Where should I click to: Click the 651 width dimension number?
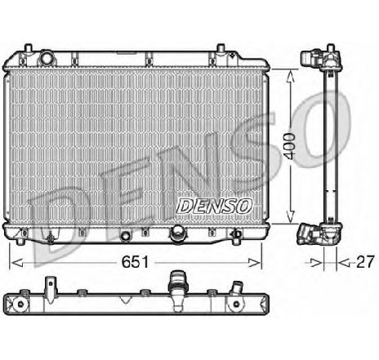click(135, 262)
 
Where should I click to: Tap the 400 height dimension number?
click(289, 146)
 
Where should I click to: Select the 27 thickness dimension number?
click(365, 262)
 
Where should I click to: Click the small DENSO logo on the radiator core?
click(214, 206)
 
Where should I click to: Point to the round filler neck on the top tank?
click(47, 58)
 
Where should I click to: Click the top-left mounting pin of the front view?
click(28, 48)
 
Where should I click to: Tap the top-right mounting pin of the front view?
click(221, 48)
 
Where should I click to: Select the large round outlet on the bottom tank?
click(177, 233)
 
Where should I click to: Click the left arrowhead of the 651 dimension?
click(16, 263)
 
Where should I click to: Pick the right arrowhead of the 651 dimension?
click(255, 263)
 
